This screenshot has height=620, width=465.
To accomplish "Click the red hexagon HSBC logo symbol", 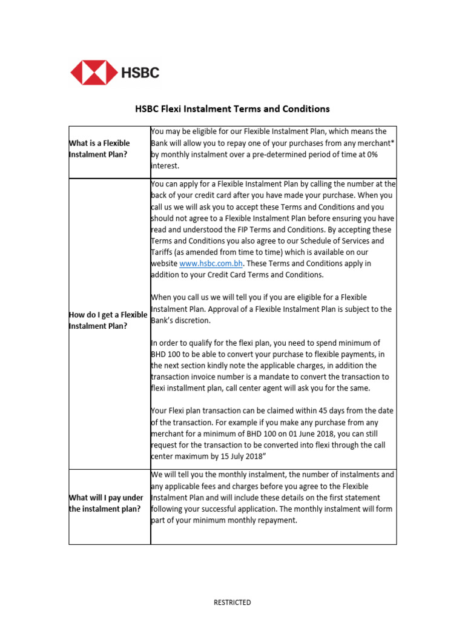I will point(94,73).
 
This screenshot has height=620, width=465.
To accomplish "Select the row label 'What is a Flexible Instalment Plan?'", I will point(100,149).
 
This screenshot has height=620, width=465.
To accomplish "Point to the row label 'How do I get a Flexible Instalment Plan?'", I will point(108,320).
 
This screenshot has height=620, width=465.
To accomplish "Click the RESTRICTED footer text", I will point(232,602).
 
